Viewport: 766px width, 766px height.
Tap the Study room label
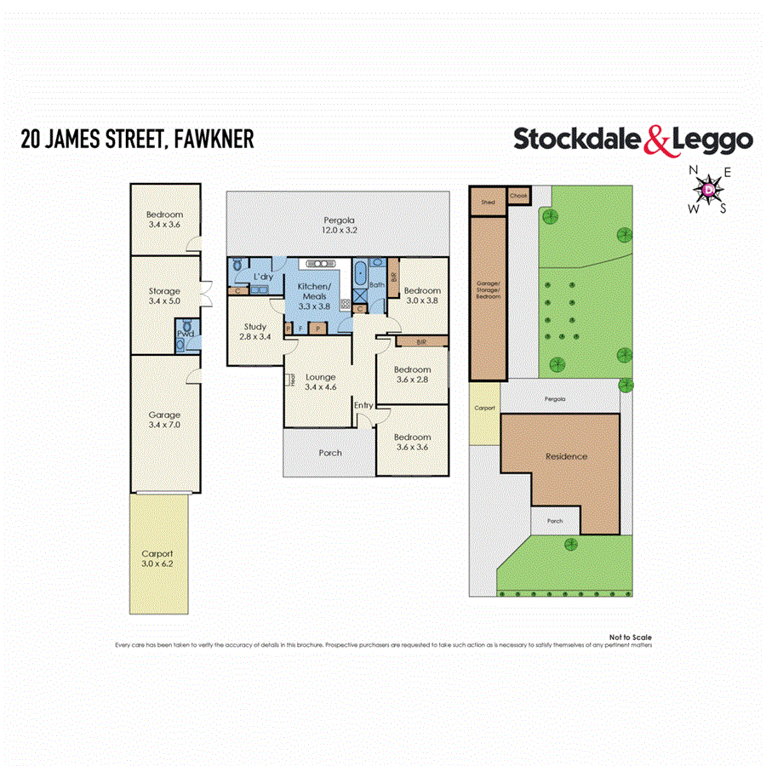(255, 332)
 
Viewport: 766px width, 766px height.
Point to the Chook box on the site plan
(519, 196)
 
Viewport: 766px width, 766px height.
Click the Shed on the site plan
(488, 203)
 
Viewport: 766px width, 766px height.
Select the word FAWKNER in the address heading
(213, 139)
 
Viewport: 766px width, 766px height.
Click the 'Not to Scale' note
(630, 637)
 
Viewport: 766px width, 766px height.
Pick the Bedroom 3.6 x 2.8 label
(413, 374)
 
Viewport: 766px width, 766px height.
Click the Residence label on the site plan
(566, 456)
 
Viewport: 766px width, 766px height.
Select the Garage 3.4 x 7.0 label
(163, 420)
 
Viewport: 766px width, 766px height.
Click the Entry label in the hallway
(363, 405)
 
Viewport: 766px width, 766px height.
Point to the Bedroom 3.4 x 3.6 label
(163, 220)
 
